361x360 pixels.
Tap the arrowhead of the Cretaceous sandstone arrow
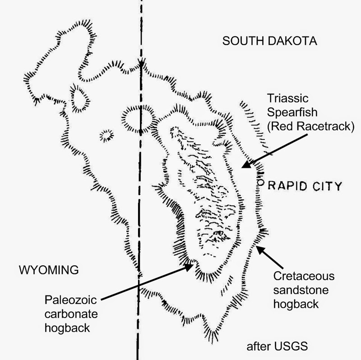(x=257, y=245)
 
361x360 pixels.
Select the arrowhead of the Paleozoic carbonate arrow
(x=192, y=265)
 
